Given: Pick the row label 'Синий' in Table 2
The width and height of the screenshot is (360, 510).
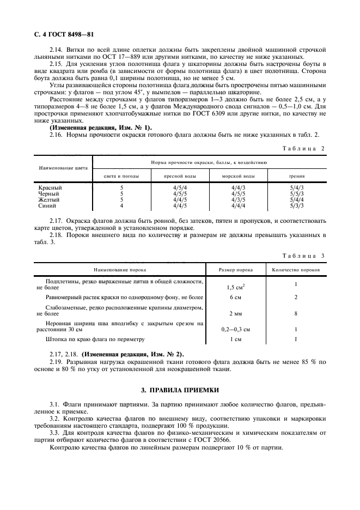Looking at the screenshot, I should click(46, 206).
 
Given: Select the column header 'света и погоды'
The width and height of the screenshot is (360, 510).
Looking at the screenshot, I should click(121, 176).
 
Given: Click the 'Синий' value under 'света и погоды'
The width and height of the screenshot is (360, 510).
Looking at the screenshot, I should click(121, 206).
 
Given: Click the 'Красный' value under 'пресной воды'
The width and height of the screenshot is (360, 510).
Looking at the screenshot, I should click(180, 188).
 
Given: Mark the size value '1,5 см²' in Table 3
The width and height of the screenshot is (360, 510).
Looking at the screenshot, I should click(235, 286).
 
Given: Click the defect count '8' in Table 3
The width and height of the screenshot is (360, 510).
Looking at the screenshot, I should click(296, 313).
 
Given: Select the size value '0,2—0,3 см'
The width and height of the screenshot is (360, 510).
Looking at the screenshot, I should click(235, 329).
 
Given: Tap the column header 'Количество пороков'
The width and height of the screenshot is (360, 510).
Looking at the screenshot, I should click(296, 269).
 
